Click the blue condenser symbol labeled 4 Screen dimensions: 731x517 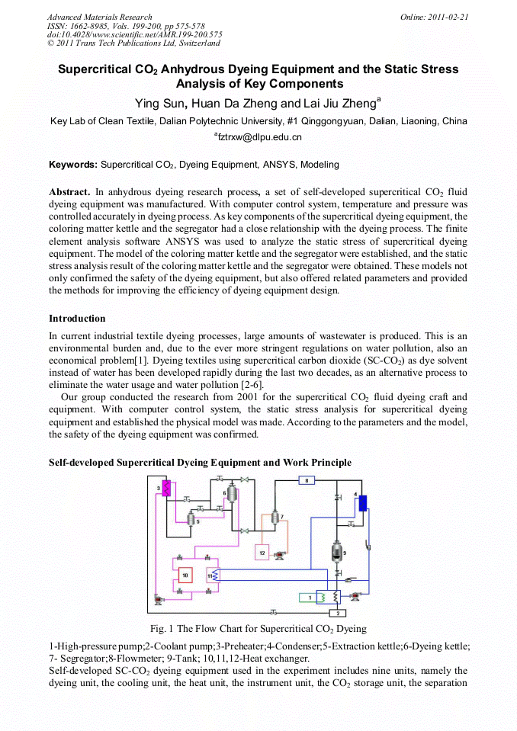point(363,502)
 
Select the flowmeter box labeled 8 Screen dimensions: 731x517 point(305,480)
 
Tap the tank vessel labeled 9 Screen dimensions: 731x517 point(338,552)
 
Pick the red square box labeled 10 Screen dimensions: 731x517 point(185,573)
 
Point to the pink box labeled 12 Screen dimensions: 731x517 point(262,553)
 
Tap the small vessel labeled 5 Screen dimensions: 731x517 point(191,519)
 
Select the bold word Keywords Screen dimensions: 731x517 point(73,165)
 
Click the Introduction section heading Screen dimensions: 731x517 point(77,318)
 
